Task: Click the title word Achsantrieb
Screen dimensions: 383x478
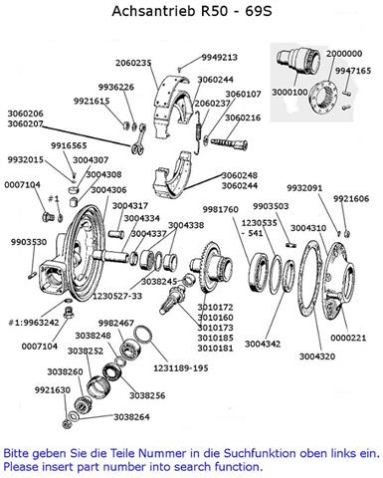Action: (x=153, y=11)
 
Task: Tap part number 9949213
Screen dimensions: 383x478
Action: (x=220, y=58)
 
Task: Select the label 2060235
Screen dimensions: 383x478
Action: (x=133, y=63)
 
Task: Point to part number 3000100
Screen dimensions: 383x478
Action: (x=289, y=92)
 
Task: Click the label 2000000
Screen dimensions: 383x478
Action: (x=344, y=54)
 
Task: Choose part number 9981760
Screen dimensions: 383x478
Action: (x=221, y=210)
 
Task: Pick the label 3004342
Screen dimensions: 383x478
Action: (x=263, y=344)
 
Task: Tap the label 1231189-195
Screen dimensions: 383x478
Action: (x=181, y=368)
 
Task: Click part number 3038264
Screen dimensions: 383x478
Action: (x=131, y=417)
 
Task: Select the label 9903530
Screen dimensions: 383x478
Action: (x=29, y=242)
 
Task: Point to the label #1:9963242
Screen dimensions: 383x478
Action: (x=34, y=323)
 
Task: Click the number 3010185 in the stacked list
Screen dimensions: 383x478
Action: (x=216, y=338)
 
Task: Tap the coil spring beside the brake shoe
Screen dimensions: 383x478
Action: (x=199, y=132)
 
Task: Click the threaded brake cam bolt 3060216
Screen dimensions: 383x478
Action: (x=229, y=143)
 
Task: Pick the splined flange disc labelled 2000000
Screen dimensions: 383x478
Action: (x=323, y=98)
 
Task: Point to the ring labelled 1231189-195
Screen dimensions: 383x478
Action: (x=143, y=335)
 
